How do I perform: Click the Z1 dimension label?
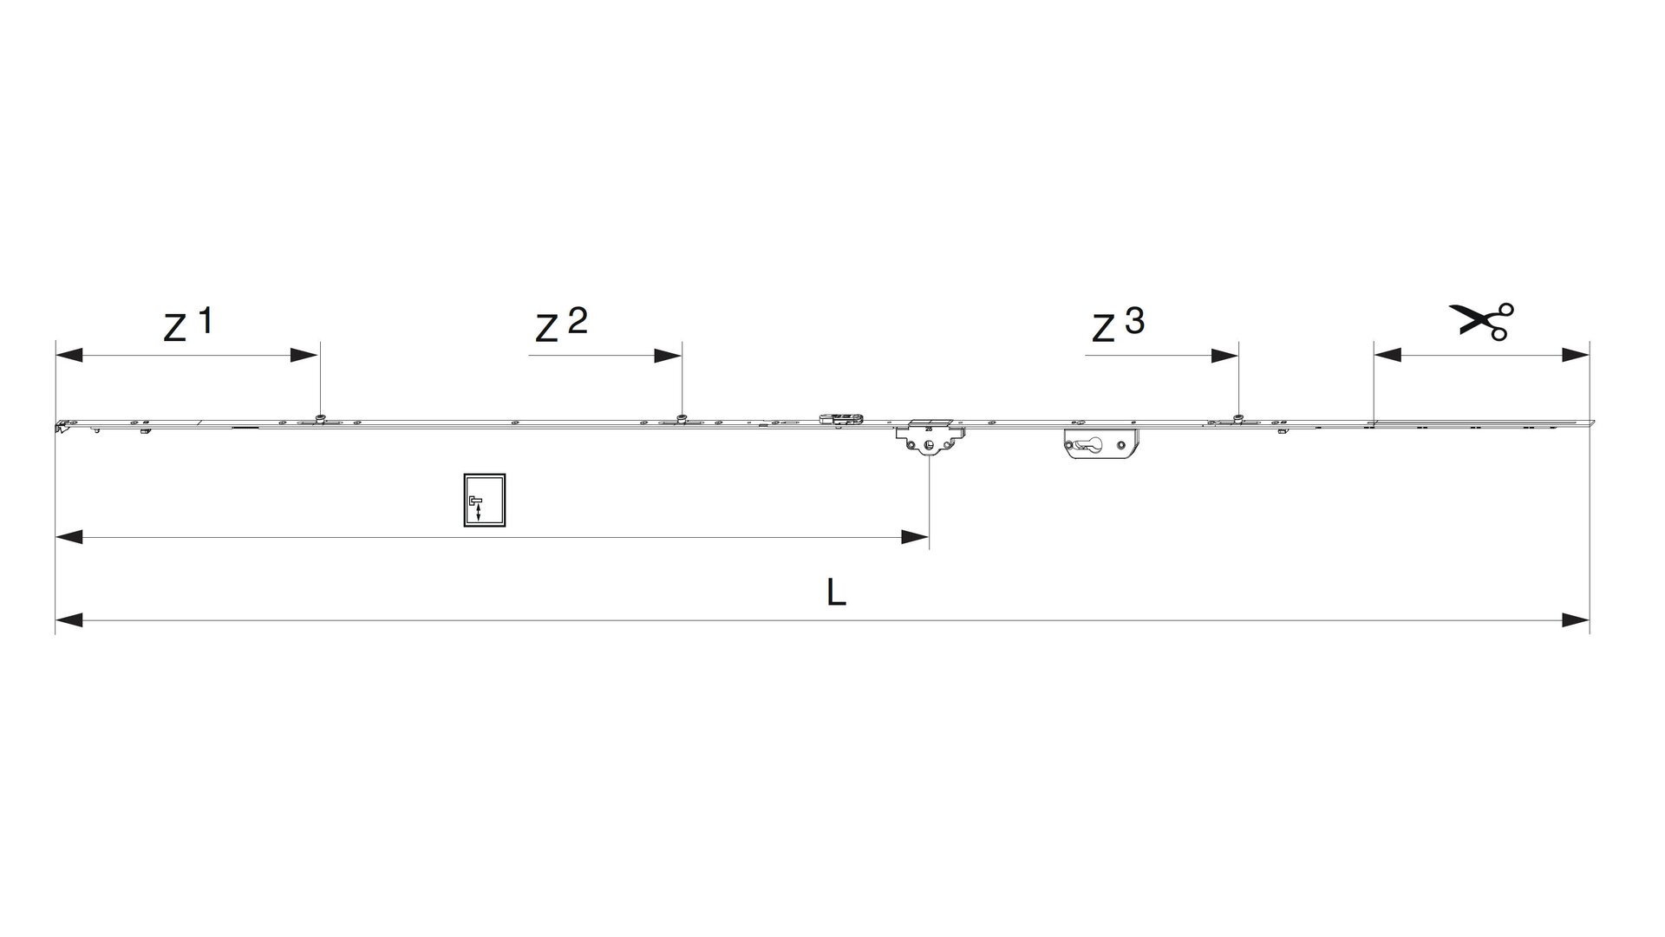click(x=187, y=324)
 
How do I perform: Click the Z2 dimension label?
click(x=561, y=325)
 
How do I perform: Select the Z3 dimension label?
click(x=1118, y=325)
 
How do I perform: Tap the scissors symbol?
click(x=1481, y=321)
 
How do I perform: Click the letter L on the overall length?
click(x=835, y=593)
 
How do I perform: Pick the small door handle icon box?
click(x=484, y=501)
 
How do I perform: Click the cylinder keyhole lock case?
click(x=1100, y=443)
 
